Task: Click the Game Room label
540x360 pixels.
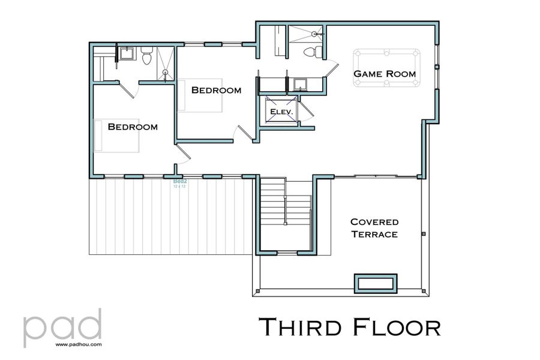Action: (x=384, y=74)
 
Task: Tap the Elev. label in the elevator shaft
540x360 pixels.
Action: (x=281, y=112)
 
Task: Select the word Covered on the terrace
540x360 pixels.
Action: (x=374, y=222)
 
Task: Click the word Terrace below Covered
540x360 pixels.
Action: (x=374, y=234)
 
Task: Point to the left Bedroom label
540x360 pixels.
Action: (x=133, y=127)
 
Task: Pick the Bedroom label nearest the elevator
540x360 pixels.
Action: (x=216, y=90)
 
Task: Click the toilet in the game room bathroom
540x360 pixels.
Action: (x=310, y=52)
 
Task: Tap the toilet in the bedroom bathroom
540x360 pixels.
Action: (x=146, y=58)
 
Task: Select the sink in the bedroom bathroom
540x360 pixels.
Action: (x=127, y=55)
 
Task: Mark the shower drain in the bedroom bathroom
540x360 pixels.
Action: (x=166, y=73)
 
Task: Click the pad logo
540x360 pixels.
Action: (x=62, y=326)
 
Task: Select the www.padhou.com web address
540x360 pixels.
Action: (x=78, y=345)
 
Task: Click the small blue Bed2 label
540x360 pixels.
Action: (x=179, y=181)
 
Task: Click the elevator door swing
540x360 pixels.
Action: (x=306, y=111)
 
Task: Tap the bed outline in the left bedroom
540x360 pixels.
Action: (x=116, y=135)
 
